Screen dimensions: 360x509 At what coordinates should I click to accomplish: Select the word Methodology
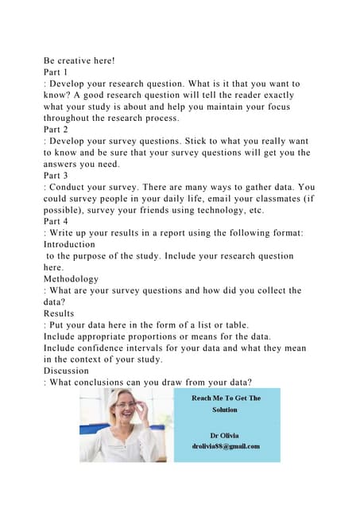pos(72,279)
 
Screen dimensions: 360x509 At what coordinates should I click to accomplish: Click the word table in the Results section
pos(255,325)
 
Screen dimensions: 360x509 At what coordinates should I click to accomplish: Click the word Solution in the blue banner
pos(225,410)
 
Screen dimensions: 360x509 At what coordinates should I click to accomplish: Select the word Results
pos(60,313)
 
